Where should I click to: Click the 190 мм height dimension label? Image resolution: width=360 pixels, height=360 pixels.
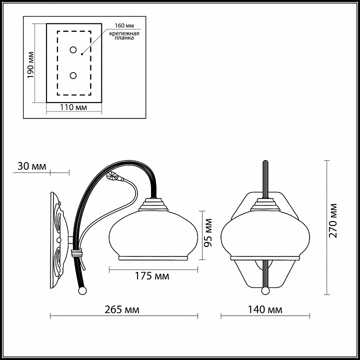click(31, 64)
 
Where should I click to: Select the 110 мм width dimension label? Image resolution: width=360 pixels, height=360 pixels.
click(73, 107)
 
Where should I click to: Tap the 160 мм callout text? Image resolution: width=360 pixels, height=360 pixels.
click(124, 25)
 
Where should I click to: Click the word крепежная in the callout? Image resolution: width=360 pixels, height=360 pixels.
click(124, 33)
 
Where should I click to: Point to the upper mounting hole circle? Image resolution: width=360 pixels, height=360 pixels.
click(73, 50)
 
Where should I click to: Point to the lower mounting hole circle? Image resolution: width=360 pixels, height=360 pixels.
click(73, 75)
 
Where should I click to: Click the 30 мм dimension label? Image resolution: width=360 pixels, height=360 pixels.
click(32, 166)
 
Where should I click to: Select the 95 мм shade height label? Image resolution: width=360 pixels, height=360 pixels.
click(208, 233)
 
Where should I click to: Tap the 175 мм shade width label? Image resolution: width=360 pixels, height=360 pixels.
click(152, 275)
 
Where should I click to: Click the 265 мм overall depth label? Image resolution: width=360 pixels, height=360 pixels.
click(122, 309)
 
